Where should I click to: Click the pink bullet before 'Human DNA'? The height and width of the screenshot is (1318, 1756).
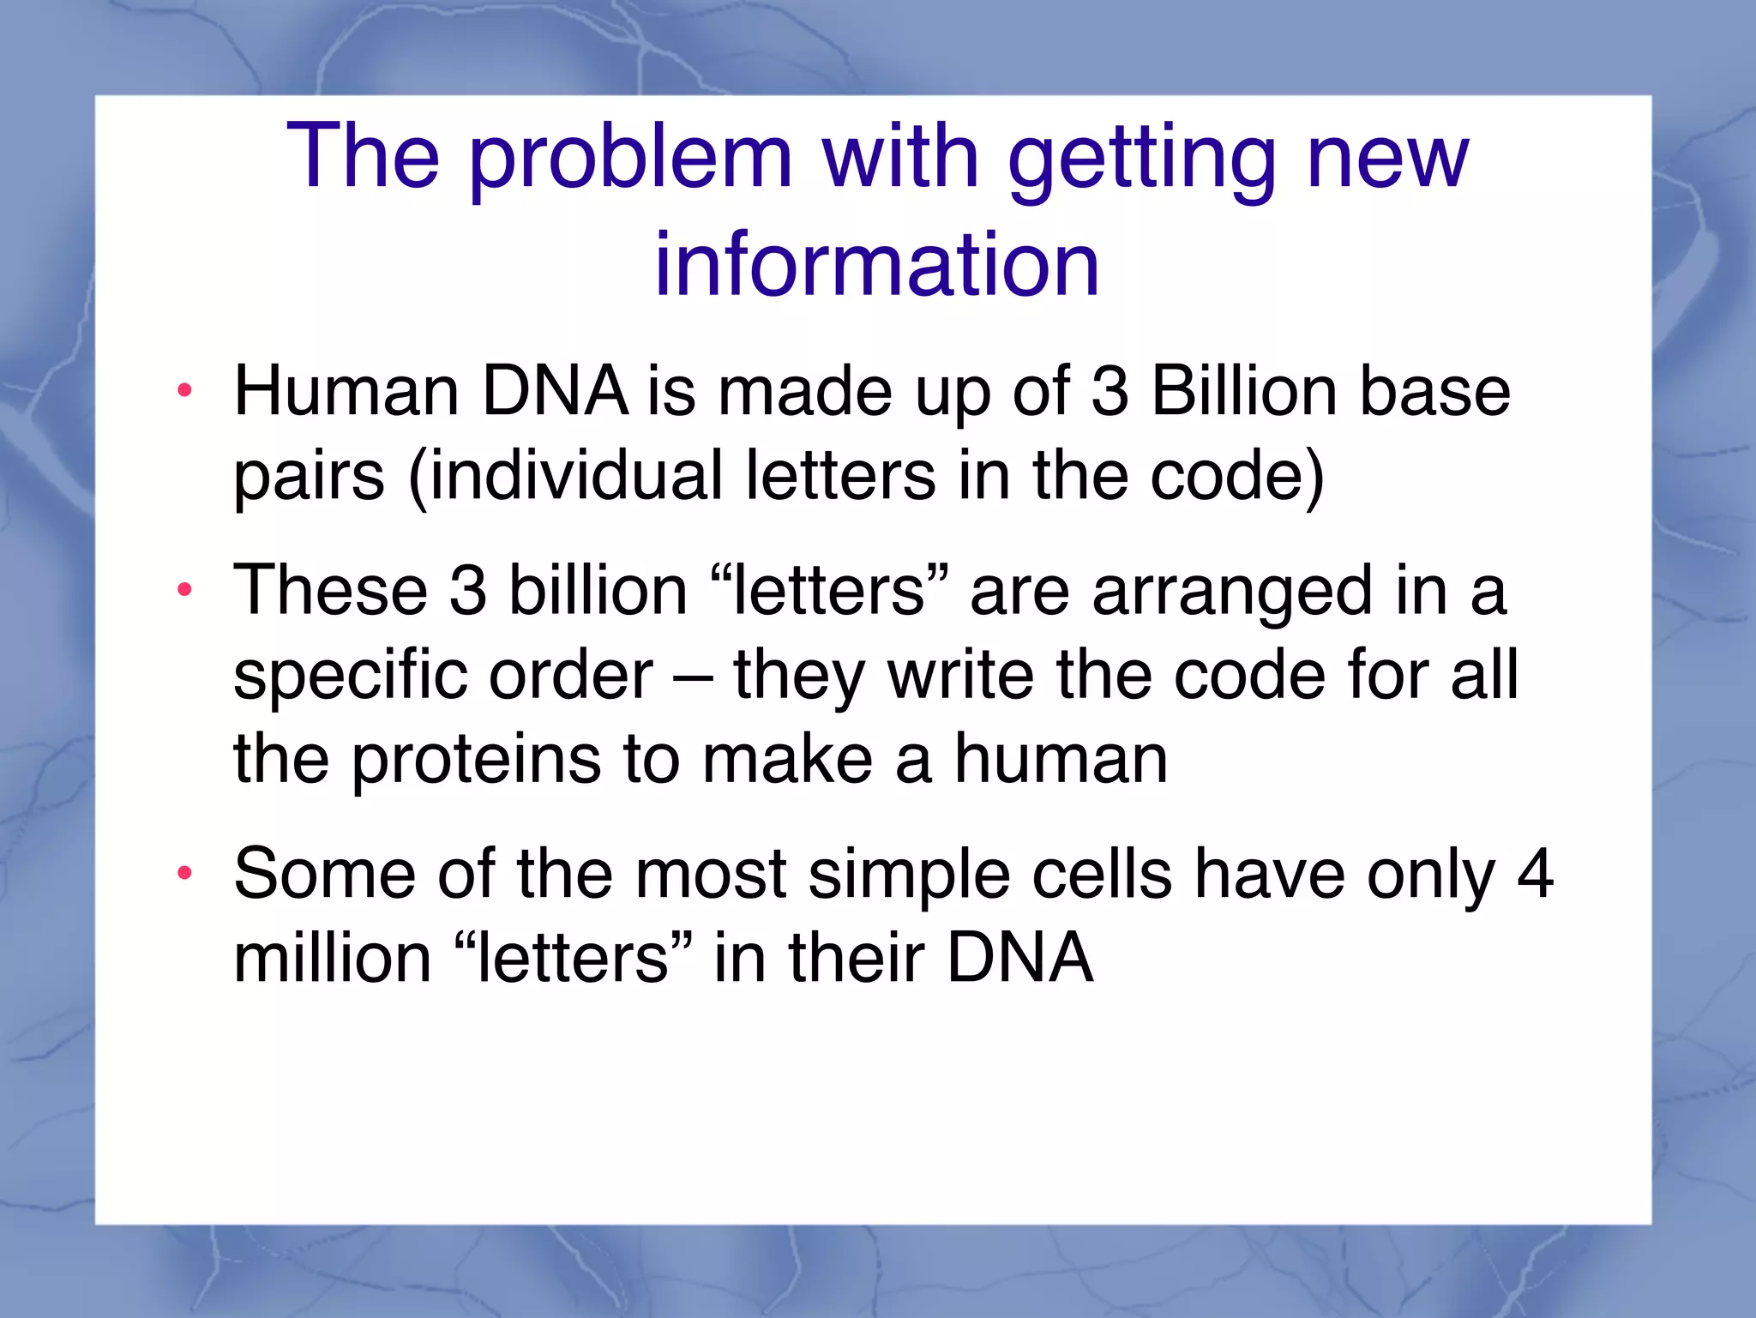tap(183, 391)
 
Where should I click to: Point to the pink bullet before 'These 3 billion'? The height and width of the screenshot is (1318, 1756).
tap(183, 590)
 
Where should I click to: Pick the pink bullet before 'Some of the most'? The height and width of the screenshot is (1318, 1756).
tap(183, 874)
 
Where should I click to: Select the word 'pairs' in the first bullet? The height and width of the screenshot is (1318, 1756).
tap(309, 477)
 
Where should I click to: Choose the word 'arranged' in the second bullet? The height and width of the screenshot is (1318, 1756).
tap(1233, 592)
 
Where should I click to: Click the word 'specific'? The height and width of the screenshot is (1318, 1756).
tap(350, 676)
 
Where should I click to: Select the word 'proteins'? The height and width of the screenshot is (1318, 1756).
tap(477, 760)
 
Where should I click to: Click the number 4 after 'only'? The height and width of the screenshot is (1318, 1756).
tap(1535, 874)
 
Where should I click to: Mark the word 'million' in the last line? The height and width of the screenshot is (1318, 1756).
tap(333, 958)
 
